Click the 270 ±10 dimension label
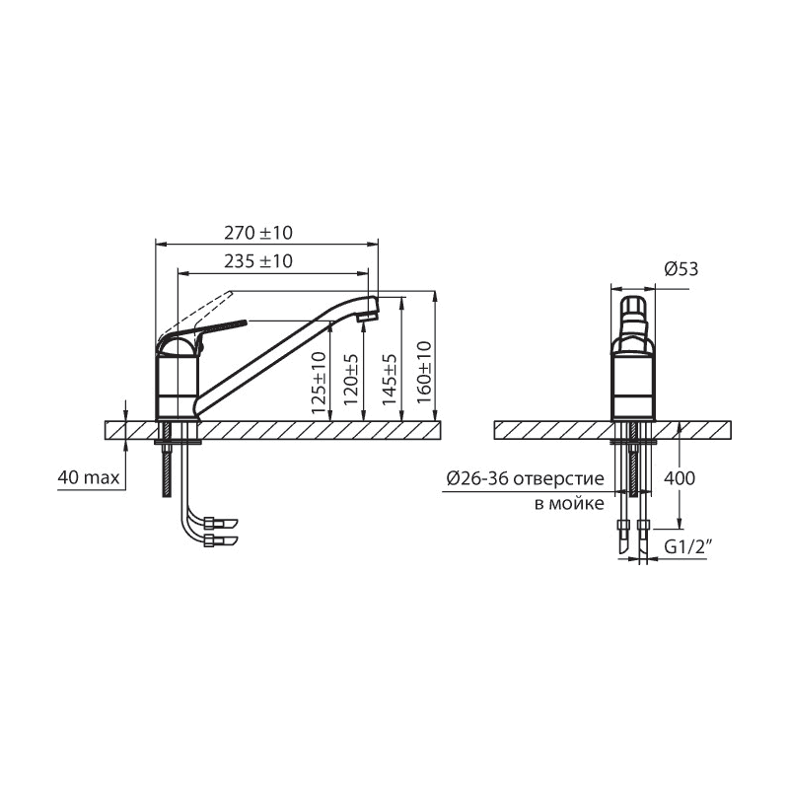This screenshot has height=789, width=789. pos(258,233)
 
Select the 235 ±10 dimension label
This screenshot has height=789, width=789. pos(258,261)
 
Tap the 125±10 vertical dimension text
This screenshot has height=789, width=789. pos(319,383)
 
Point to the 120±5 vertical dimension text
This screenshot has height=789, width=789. pos(351,380)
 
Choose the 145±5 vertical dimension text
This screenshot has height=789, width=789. pos(390,380)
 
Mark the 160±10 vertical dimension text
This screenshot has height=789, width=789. pos(424,372)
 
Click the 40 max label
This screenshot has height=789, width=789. pos(89,477)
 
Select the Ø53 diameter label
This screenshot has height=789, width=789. pos(681,269)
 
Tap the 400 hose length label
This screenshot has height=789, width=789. pos(680,477)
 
